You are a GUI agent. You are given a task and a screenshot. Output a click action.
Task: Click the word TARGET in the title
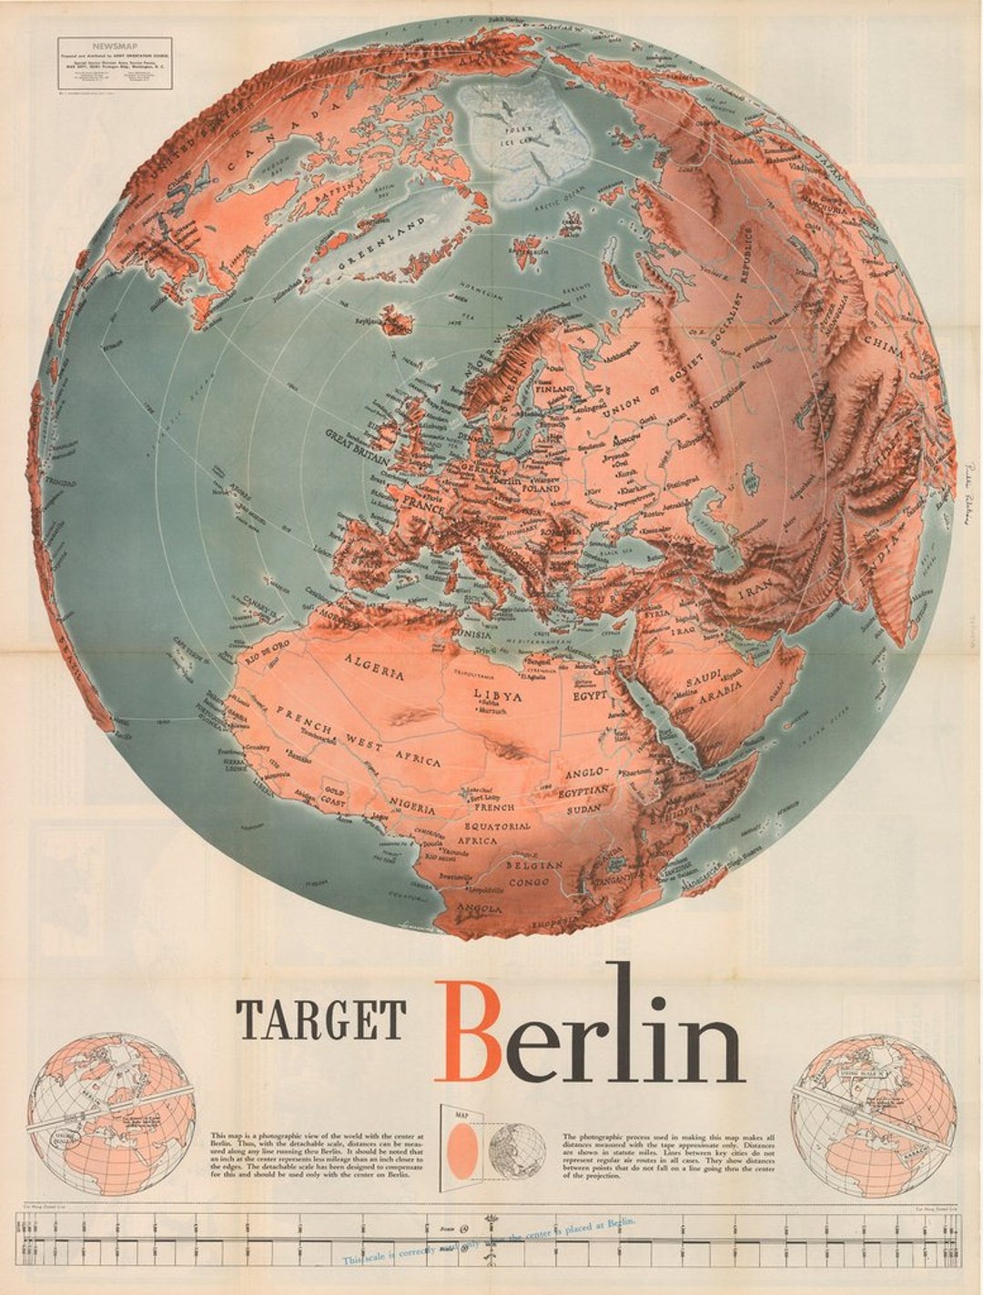click(x=320, y=1019)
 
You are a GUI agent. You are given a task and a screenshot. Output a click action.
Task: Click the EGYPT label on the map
click(x=590, y=695)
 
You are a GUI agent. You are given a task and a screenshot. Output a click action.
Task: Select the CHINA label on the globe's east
click(x=885, y=349)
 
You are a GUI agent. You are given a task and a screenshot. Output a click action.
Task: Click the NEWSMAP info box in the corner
click(x=114, y=63)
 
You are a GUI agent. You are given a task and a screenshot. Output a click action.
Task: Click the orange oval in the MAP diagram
click(x=462, y=1149)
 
